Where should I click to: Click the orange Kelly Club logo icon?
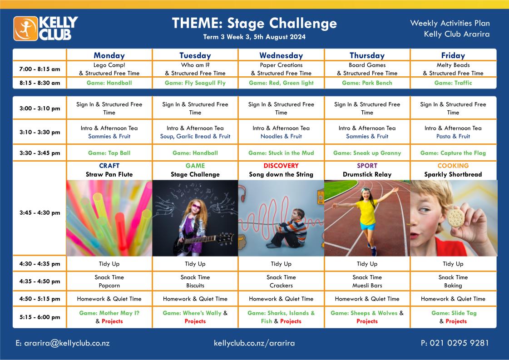point(25,29)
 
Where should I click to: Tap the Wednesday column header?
point(281,55)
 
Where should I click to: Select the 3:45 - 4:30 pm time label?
point(40,213)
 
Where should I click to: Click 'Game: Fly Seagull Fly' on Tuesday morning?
point(195,83)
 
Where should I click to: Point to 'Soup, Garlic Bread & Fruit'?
point(195,136)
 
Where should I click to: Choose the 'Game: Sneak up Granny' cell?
point(367,153)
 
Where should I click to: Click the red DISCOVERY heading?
point(281,166)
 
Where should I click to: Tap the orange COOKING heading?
point(453,166)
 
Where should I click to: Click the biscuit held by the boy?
point(456,218)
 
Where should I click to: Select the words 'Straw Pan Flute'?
point(109,174)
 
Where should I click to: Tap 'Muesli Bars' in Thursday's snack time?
point(367,286)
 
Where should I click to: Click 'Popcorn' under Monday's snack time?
point(109,286)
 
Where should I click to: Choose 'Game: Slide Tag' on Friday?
point(454,313)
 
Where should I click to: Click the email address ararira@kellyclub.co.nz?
point(63,343)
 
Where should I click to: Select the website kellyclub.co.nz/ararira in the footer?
point(254,343)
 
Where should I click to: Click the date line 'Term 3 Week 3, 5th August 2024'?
point(254,37)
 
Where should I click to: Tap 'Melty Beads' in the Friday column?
point(453,65)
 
